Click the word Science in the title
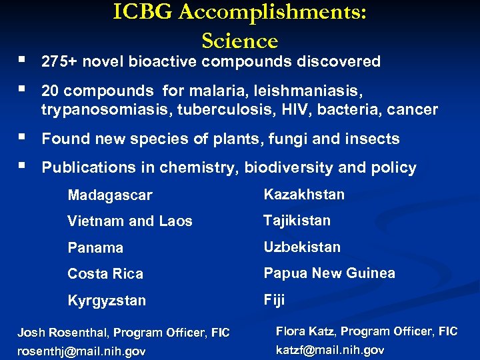[x=239, y=41]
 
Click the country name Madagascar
[x=110, y=195]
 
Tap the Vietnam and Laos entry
[x=130, y=221]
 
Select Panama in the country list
[x=95, y=247]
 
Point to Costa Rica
[x=105, y=274]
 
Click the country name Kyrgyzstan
[x=107, y=301]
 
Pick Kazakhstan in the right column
[x=304, y=195]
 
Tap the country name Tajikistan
[x=297, y=221]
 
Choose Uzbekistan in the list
[x=302, y=247]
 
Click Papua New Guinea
[x=329, y=273]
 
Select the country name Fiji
[x=274, y=300]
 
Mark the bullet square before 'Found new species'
[x=23, y=137]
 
